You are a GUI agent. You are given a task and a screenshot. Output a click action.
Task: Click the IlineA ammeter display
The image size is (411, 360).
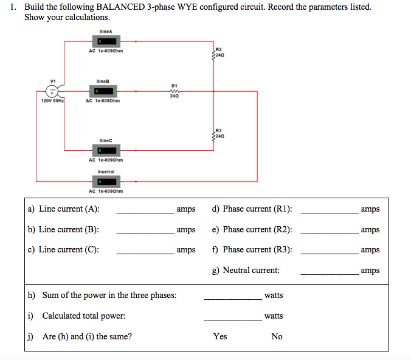[105, 41]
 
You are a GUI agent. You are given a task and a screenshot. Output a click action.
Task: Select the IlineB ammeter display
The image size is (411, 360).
[105, 91]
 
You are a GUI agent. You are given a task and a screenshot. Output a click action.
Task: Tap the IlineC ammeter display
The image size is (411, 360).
[105, 150]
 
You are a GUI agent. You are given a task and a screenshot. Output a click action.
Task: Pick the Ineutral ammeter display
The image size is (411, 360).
[105, 181]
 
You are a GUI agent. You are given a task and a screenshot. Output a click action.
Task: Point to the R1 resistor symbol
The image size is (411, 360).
[174, 91]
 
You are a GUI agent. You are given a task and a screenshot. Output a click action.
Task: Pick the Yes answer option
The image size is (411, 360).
[220, 336]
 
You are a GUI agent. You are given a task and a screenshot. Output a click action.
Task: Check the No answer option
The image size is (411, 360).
[277, 336]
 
